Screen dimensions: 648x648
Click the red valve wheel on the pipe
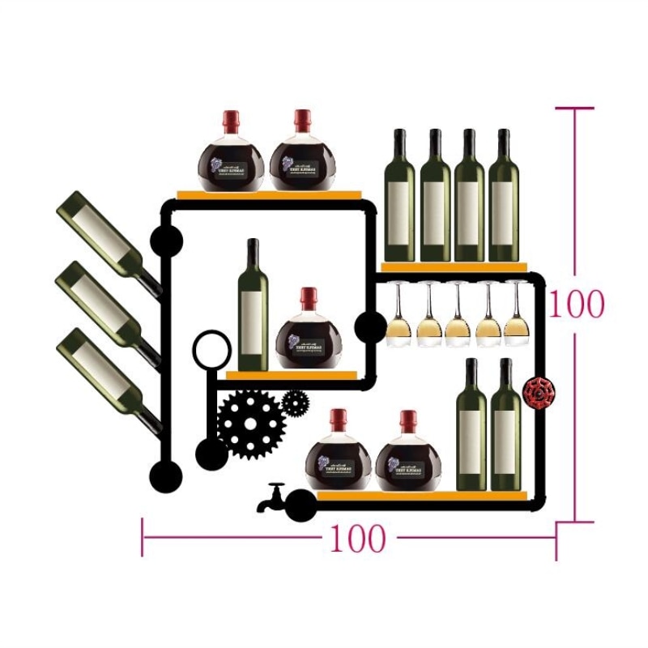tap(538, 392)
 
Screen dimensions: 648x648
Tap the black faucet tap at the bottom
tap(273, 498)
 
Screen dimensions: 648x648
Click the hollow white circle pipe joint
tap(211, 349)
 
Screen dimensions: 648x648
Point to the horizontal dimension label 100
tap(356, 539)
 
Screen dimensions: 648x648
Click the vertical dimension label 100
tap(577, 305)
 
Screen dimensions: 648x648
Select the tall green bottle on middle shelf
tap(253, 308)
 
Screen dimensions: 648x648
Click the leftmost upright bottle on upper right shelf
tap(399, 198)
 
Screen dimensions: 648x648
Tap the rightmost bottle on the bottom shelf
tap(505, 428)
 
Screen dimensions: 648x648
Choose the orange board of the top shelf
tap(269, 194)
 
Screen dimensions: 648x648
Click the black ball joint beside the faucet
tap(301, 506)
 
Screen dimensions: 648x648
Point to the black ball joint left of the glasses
tap(371, 326)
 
